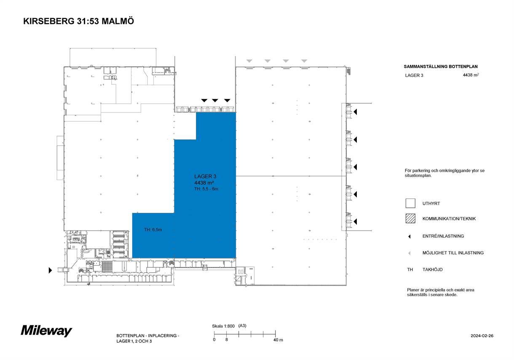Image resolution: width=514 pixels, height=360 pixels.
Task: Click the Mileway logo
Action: (47, 331)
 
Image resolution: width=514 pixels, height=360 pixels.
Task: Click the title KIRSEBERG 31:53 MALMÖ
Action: (78, 21)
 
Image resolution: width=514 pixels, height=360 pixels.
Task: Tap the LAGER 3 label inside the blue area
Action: (205, 176)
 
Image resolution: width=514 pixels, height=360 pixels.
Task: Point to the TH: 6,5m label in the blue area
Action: (153, 230)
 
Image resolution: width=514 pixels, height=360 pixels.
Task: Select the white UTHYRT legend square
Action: (410, 204)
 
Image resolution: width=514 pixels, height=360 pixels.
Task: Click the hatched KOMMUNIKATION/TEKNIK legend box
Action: (410, 218)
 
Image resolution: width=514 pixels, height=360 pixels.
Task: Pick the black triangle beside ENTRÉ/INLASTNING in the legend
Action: (409, 236)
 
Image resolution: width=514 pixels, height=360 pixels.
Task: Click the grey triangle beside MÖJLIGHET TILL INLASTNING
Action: (409, 253)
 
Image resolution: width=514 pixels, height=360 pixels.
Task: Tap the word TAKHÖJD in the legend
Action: (433, 269)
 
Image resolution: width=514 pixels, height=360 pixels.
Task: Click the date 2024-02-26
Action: (482, 336)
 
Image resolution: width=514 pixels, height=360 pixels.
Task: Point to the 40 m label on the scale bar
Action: (278, 340)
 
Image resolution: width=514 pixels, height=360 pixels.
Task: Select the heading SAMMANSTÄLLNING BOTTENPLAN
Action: (441, 67)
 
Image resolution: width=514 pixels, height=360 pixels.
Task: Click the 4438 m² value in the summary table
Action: (471, 75)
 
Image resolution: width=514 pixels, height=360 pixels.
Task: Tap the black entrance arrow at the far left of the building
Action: (50, 270)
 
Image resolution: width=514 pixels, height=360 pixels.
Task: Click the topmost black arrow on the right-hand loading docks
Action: (355, 112)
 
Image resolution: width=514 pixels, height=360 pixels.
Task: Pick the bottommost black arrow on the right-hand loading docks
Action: (355, 222)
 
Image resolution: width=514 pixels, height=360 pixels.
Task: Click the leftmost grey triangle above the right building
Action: (249, 61)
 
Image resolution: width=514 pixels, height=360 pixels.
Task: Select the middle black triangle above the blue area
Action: (215, 100)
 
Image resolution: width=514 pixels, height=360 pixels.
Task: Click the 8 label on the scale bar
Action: (227, 340)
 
